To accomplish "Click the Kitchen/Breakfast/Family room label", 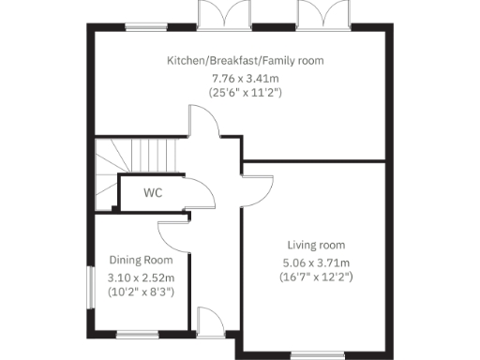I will [245, 61].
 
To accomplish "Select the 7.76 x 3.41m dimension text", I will [245, 78].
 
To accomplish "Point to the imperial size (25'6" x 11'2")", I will [245, 94].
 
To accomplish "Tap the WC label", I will [154, 193].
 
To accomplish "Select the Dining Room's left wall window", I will [92, 282].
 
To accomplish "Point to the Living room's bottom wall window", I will [316, 354].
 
